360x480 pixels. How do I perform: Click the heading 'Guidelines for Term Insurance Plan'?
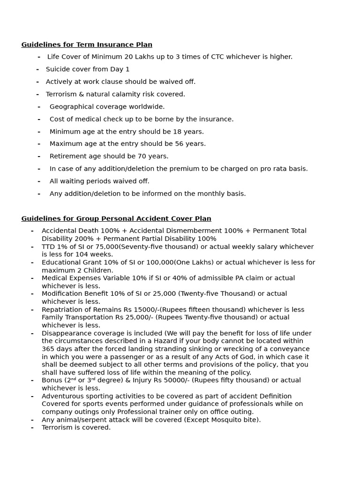pyautogui.click(x=87, y=45)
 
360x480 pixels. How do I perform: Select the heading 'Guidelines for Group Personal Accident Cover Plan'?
pyautogui.click(x=116, y=218)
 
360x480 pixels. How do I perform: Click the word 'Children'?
pyautogui.click(x=97, y=270)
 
